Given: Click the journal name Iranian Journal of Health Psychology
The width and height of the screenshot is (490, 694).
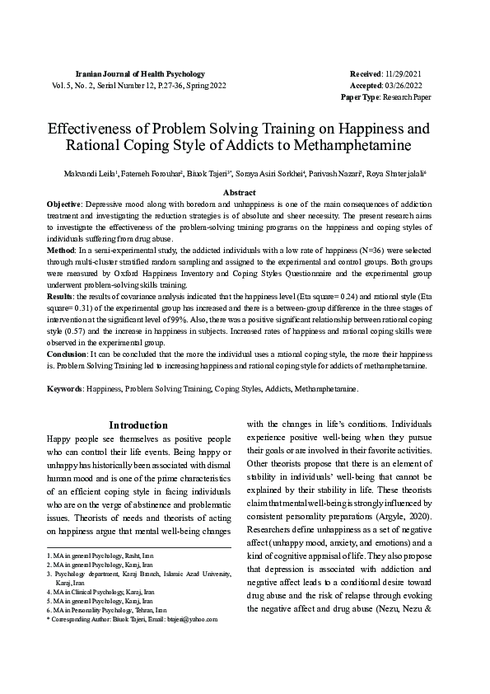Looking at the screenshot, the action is [139, 74].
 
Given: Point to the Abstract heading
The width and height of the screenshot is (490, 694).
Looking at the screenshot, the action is [244, 191].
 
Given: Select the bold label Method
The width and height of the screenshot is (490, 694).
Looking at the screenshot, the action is [60, 248].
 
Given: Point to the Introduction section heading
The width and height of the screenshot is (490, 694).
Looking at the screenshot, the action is [138, 426].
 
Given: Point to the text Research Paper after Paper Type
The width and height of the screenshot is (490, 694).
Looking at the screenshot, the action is [408, 96].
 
